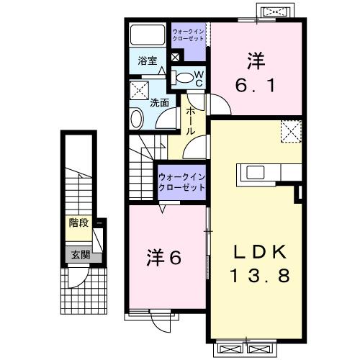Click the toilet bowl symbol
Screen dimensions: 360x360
184,78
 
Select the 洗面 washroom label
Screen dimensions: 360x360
159,103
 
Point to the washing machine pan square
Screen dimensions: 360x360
139,90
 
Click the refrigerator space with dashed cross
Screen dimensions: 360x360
291,132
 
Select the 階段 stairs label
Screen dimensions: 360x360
78,223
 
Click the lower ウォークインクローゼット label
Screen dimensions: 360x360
181,181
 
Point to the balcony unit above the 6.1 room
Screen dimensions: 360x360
278,12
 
